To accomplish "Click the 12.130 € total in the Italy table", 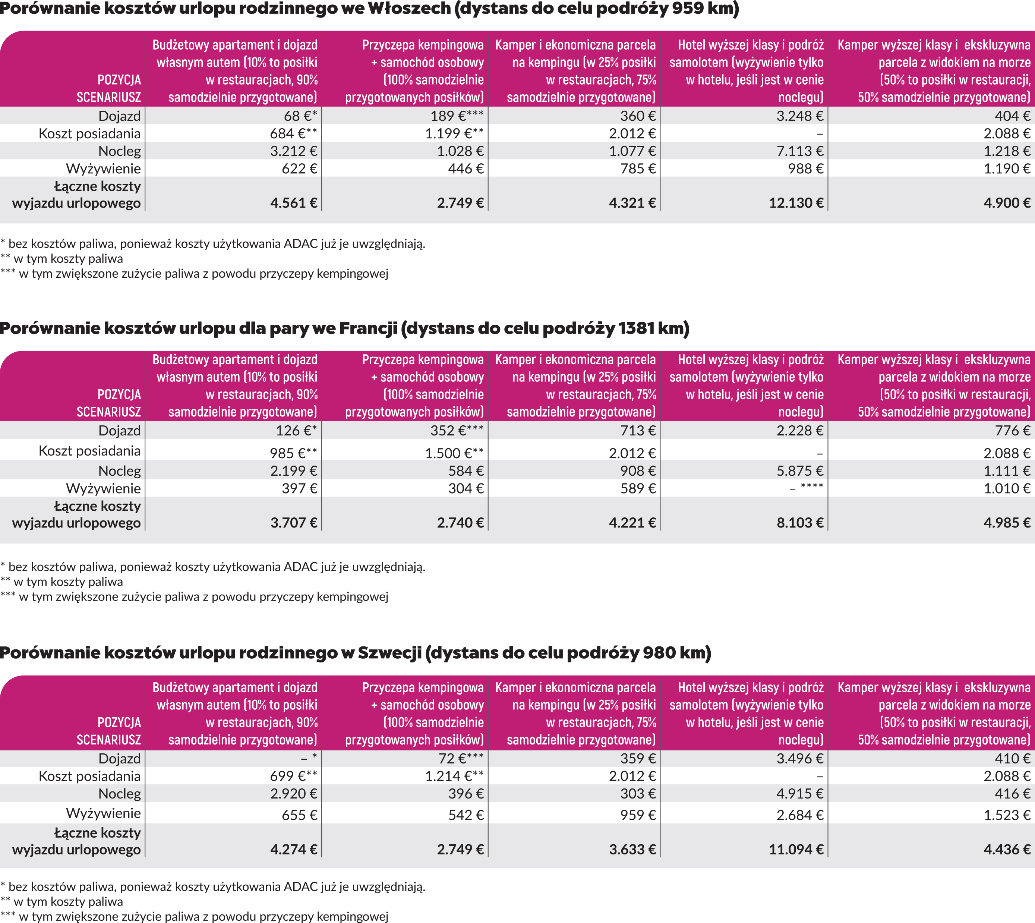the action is click(x=796, y=203).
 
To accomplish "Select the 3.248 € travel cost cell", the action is click(x=800, y=116).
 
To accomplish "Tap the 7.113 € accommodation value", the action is click(x=800, y=151).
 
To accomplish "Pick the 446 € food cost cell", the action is click(x=466, y=168).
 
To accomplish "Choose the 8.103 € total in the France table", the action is click(x=800, y=523).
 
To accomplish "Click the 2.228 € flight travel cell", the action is click(x=800, y=431).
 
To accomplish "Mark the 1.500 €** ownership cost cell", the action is click(x=454, y=453).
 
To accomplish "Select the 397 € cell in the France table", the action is click(x=299, y=488).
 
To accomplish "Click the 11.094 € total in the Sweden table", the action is click(x=796, y=850).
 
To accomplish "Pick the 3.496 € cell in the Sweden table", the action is click(x=800, y=759).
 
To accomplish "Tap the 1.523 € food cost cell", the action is click(x=1007, y=815).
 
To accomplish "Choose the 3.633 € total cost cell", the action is click(x=632, y=850).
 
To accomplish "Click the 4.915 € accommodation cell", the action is click(x=800, y=794).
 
